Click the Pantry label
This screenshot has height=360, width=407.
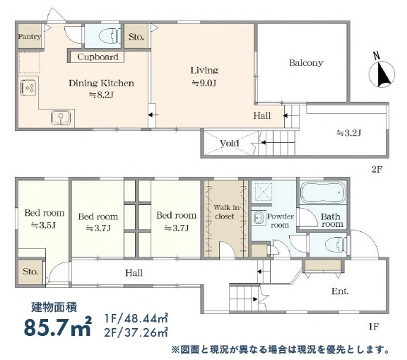tap(30, 37)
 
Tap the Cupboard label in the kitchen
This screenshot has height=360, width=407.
tap(98, 57)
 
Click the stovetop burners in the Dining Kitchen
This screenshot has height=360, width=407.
tap(28, 88)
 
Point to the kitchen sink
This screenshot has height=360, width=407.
tap(61, 117)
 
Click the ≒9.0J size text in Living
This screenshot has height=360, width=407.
tap(204, 83)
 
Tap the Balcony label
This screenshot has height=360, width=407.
tap(306, 63)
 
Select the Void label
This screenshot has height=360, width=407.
tap(230, 143)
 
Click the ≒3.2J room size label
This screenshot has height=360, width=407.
tap(348, 133)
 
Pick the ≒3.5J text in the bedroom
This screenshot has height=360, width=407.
tap(43, 225)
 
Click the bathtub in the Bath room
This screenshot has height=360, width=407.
tap(323, 192)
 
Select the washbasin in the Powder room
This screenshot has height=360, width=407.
tap(258, 217)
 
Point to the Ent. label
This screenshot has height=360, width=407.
tap(340, 291)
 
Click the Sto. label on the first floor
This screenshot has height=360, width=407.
tap(30, 272)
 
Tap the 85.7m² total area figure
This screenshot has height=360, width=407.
tap(58, 326)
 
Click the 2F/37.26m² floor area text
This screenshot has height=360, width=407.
tap(136, 332)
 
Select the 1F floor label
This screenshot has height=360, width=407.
tap(374, 327)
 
